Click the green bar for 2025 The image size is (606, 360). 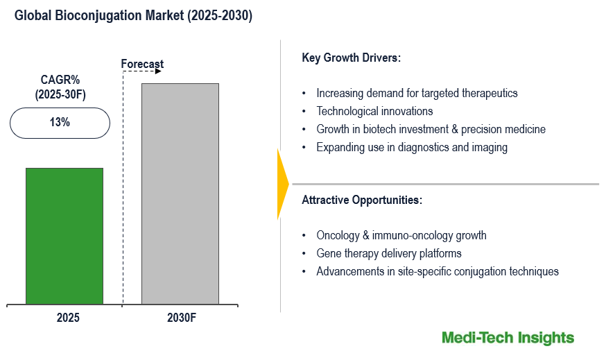64,236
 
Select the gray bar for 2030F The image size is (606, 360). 180,194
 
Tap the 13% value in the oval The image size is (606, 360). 60,123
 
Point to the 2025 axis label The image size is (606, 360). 68,318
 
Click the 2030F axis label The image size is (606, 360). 182,318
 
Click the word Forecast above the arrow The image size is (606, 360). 142,65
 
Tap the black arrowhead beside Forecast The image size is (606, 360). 159,71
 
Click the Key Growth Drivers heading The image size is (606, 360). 352,58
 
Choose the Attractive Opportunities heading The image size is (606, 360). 362,200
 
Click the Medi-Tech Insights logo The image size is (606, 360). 508,338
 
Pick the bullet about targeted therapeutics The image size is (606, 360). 417,93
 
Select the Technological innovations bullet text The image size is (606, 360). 374,111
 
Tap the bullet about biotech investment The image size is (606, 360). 431,129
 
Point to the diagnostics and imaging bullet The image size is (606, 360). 412,147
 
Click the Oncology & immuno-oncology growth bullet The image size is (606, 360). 401,235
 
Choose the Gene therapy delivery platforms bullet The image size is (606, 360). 389,253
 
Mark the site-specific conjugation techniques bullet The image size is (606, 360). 438,271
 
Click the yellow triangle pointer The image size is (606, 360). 282,184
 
